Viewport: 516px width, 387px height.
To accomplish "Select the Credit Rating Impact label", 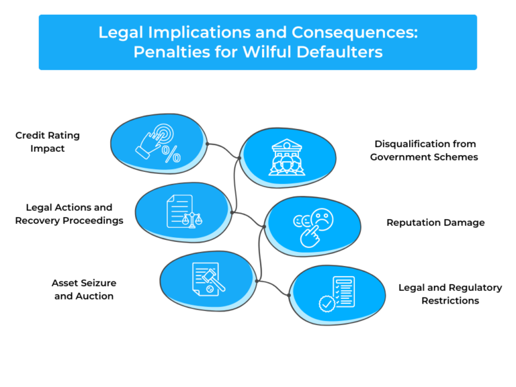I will pyautogui.click(x=47, y=142).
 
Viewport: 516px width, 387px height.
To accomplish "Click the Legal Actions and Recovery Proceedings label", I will pyautogui.click(x=69, y=214).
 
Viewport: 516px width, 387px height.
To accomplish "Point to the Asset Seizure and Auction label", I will pyautogui.click(x=84, y=290).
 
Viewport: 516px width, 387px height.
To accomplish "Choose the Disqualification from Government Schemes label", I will pyautogui.click(x=424, y=150).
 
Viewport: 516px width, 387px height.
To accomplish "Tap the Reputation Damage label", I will pyautogui.click(x=435, y=222).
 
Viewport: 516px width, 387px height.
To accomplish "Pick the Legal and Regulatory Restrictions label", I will pyautogui.click(x=450, y=294).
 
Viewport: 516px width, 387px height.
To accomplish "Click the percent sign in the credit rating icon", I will pyautogui.click(x=171, y=155).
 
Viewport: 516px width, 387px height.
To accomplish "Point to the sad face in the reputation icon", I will pyautogui.click(x=322, y=219).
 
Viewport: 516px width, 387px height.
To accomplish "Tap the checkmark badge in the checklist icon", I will pyautogui.click(x=327, y=304).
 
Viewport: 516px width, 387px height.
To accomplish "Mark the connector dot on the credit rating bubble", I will pyautogui.click(x=208, y=144).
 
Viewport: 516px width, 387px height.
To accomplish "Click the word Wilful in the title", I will pyautogui.click(x=267, y=52).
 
